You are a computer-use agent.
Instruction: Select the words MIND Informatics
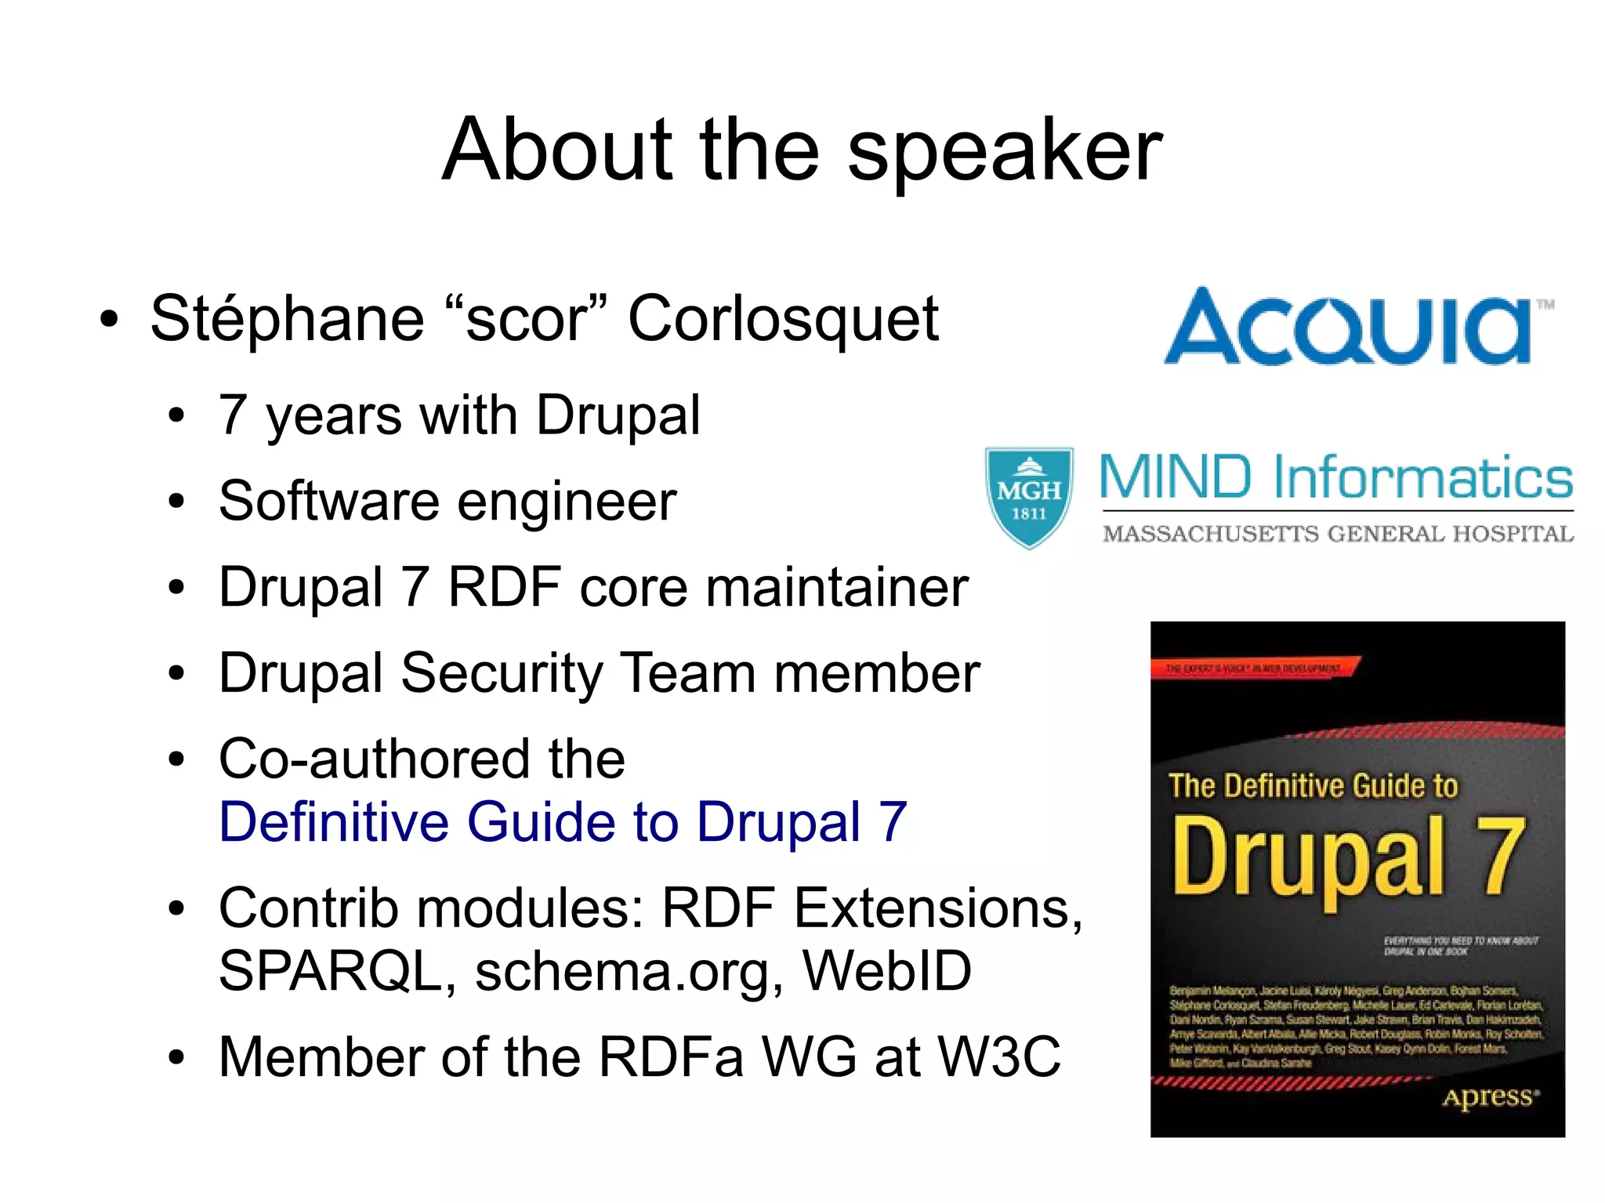[x=1335, y=478]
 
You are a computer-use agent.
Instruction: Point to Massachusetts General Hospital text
[x=1337, y=534]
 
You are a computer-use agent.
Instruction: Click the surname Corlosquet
[x=783, y=319]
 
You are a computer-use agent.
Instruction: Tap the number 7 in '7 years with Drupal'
[x=233, y=415]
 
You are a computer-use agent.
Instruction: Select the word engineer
[x=567, y=502]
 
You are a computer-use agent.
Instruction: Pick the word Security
[x=501, y=673]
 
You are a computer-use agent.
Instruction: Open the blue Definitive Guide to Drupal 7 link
[x=563, y=822]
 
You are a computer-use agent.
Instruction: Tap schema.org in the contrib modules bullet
[x=628, y=972]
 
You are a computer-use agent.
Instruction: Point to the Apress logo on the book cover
[x=1488, y=1097]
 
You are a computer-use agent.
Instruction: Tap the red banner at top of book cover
[x=1254, y=669]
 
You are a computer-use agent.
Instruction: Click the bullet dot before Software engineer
[x=177, y=502]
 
